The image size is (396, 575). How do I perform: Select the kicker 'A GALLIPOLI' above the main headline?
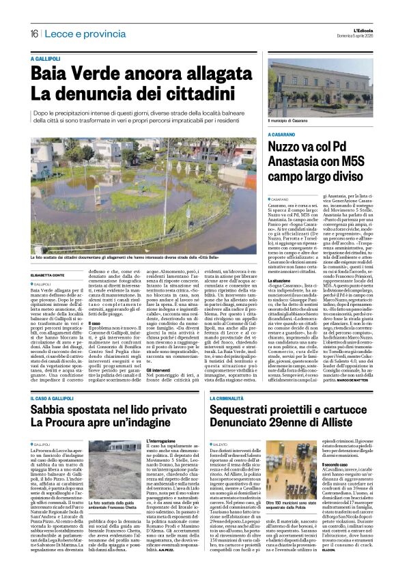pyautogui.click(x=47, y=60)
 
